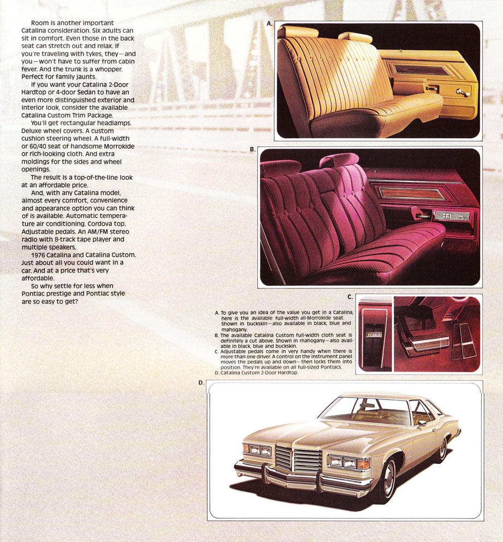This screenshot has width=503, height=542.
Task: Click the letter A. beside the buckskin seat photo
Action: pyautogui.click(x=269, y=23)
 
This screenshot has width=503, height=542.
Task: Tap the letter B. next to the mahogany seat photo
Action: pyautogui.click(x=252, y=149)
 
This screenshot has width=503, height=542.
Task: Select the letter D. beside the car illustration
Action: pyautogui.click(x=201, y=383)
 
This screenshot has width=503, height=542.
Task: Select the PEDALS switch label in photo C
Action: pyautogui.click(x=374, y=334)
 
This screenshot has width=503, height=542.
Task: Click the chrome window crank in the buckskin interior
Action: pyautogui.click(x=463, y=92)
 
